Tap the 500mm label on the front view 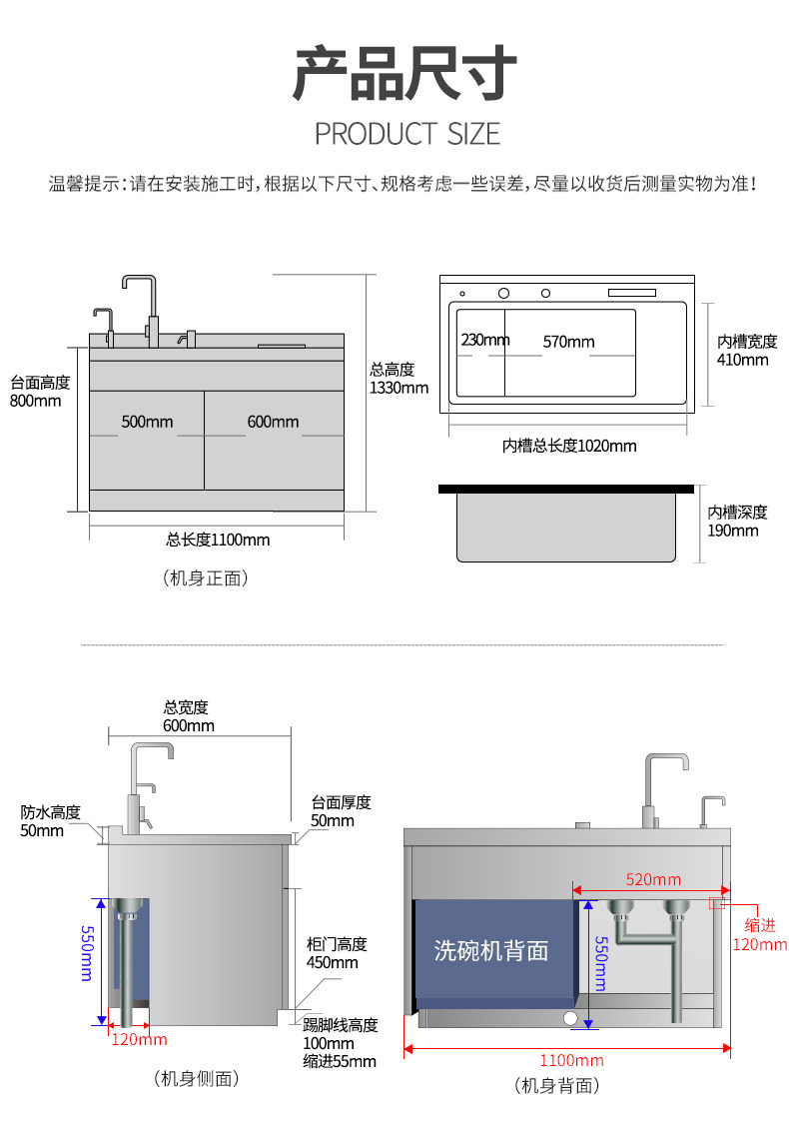[x=147, y=422]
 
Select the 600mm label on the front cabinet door [x=273, y=422]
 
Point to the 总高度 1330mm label [x=398, y=378]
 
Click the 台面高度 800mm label [x=40, y=392]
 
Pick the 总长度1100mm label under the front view [x=218, y=540]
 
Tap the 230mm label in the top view [x=485, y=340]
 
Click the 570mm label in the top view [x=568, y=342]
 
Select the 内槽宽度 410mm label [x=747, y=350]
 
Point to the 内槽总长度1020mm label [x=568, y=445]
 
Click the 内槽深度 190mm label [x=738, y=521]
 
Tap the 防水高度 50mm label [x=50, y=820]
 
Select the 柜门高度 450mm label [x=337, y=953]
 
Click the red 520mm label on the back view [x=653, y=879]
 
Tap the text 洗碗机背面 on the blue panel [x=491, y=949]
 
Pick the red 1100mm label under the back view [x=571, y=1060]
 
